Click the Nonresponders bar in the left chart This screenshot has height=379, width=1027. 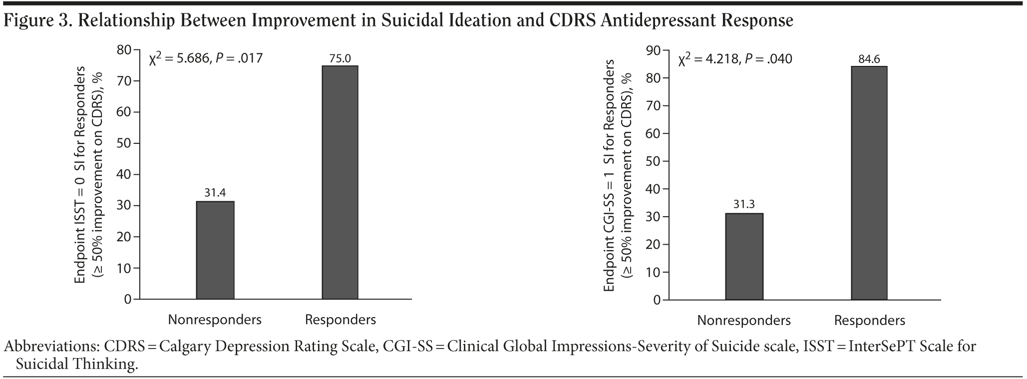click(215, 250)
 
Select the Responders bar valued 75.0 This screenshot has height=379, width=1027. click(340, 182)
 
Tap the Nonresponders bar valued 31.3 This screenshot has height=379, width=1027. click(744, 256)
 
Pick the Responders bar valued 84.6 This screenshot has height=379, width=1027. click(869, 183)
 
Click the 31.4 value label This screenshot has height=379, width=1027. click(215, 193)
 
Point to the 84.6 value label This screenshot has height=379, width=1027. click(869, 59)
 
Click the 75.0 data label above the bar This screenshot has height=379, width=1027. click(340, 58)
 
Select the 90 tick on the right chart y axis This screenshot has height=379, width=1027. click(654, 50)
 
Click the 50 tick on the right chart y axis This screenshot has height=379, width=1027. click(654, 161)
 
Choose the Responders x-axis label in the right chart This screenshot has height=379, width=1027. click(869, 320)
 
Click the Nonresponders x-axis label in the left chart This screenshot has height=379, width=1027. click(215, 320)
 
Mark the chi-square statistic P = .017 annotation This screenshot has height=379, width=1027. click(206, 58)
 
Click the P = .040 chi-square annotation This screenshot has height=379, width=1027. click(735, 59)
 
